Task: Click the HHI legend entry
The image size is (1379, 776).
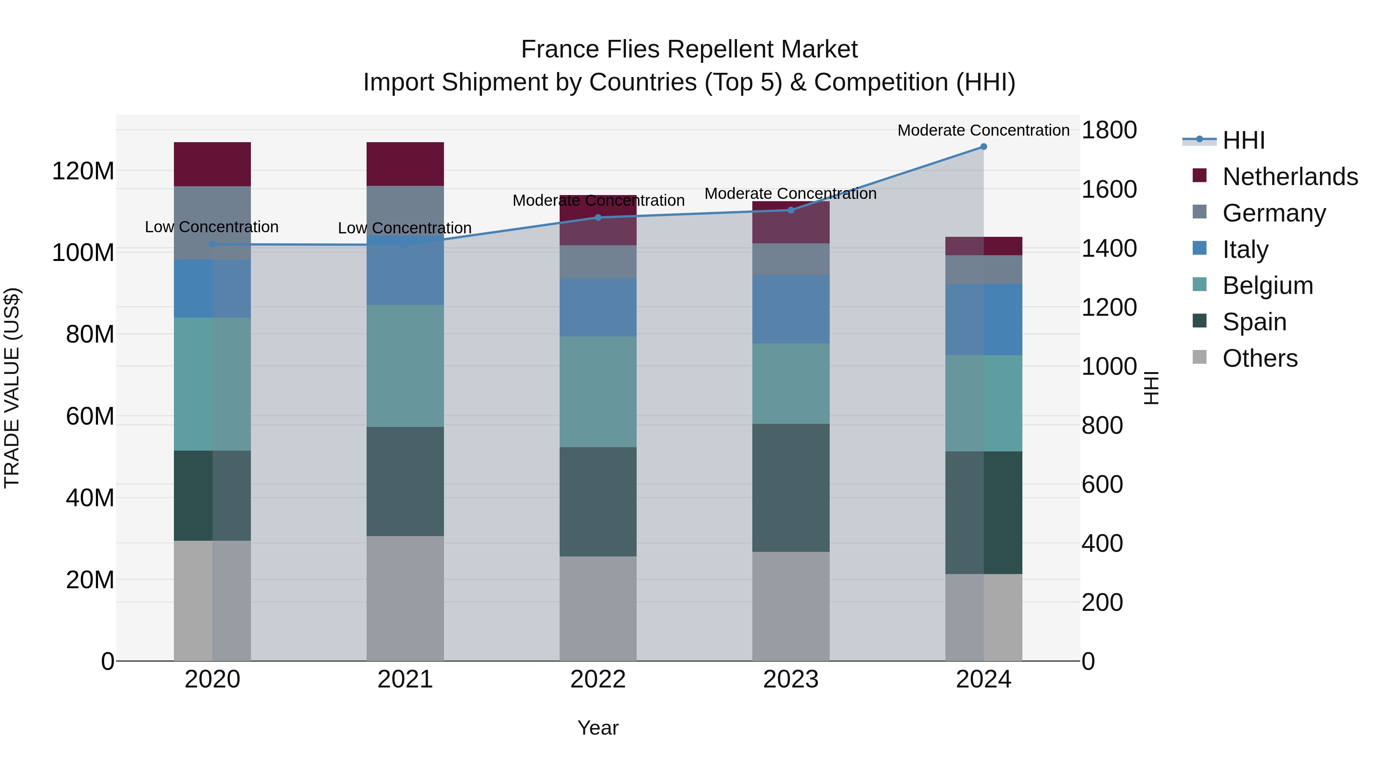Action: coord(1243,140)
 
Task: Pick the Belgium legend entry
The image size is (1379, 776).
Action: coord(1267,285)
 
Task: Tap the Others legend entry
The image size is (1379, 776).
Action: coord(1259,358)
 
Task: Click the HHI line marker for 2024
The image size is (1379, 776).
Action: coord(983,147)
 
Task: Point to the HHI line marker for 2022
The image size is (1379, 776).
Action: coord(598,217)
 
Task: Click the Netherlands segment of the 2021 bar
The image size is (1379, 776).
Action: coord(405,164)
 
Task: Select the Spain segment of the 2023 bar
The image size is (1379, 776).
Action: coord(791,487)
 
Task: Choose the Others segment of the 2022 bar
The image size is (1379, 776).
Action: coord(598,609)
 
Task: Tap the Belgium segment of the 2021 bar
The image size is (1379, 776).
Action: coord(405,366)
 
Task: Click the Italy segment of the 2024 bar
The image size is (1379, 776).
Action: coord(983,320)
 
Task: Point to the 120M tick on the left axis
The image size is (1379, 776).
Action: coord(83,171)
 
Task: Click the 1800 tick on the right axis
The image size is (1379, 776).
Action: coord(1109,130)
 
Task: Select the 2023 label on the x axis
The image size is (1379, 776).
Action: coord(791,679)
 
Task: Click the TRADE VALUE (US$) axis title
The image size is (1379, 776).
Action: coord(12,388)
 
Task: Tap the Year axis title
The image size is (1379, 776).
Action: coord(598,728)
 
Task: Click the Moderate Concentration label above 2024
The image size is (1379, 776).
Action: coord(983,130)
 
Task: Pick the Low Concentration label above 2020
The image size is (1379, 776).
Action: coord(212,227)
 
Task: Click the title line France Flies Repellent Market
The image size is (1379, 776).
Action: coord(689,49)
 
